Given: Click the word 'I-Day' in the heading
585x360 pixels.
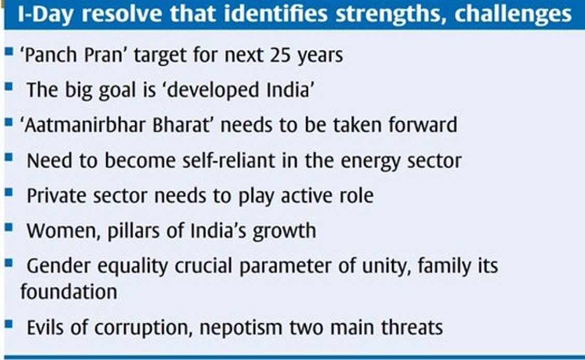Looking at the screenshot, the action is [45, 14].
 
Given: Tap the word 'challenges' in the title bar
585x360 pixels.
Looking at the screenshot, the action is [513, 14].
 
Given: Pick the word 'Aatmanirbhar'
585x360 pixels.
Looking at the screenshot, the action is [84, 125].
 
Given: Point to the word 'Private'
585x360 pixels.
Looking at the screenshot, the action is [56, 196].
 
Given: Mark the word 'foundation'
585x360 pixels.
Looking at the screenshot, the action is [68, 291].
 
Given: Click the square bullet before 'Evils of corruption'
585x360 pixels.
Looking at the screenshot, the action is [9, 325].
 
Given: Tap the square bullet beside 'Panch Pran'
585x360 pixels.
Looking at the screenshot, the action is [9, 51].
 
